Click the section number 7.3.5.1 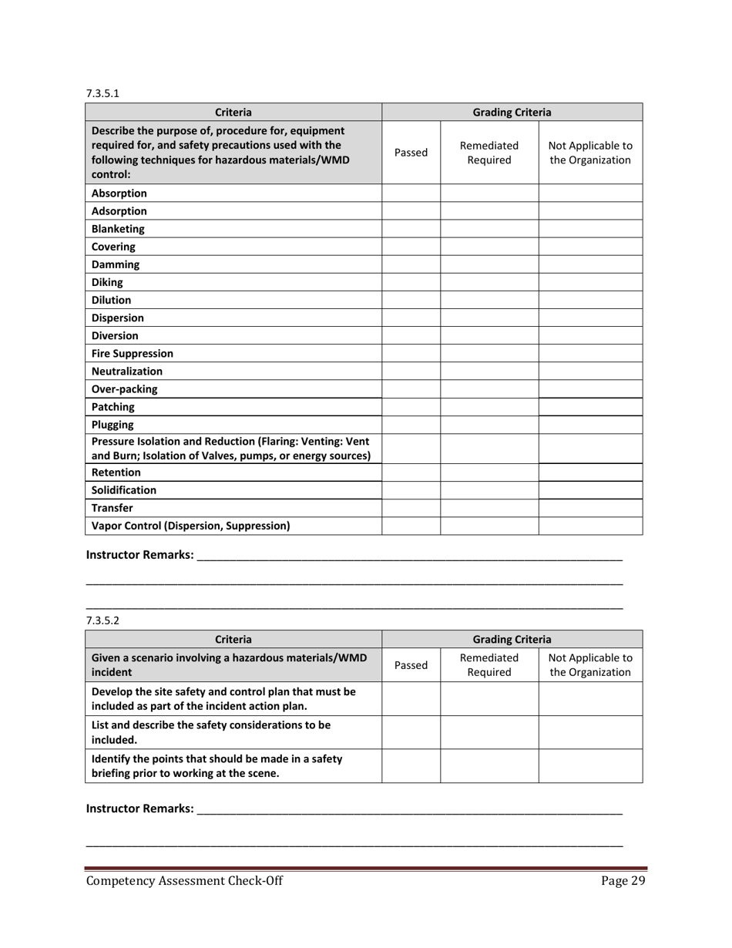[102, 93]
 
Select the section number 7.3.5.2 [102, 620]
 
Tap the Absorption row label [119, 193]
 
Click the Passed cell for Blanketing [411, 229]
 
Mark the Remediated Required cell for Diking [489, 282]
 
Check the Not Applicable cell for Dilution [589, 300]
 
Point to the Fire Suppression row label [132, 354]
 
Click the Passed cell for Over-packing [411, 389]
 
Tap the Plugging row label [112, 425]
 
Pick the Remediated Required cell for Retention [489, 472]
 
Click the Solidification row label [123, 490]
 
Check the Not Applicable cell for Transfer [589, 508]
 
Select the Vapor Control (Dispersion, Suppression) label [190, 526]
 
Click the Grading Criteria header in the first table [512, 112]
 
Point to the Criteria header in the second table [233, 639]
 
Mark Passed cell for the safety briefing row [411, 767]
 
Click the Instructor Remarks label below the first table [139, 555]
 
